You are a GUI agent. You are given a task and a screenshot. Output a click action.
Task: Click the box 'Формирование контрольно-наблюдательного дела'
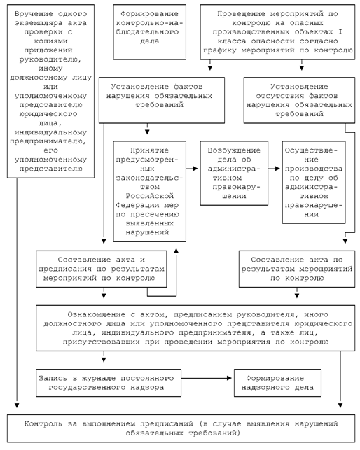149,32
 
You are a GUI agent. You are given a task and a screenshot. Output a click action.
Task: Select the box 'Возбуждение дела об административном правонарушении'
234,173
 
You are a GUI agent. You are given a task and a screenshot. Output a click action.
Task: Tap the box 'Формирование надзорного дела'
277,383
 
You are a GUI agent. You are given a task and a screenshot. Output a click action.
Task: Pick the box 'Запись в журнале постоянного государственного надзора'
109,383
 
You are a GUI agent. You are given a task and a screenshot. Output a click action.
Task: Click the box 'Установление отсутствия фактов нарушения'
299,100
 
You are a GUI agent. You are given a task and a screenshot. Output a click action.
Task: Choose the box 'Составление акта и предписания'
102,269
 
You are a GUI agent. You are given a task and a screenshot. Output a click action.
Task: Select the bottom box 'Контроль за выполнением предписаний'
181,428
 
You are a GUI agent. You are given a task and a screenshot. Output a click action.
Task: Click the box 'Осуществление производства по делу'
314,182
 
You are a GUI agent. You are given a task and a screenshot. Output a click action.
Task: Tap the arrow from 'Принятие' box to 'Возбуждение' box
192,169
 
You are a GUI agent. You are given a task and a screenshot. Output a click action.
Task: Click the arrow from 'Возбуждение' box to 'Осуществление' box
275,169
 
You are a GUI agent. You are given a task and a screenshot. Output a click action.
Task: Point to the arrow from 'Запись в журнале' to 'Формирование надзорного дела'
207,378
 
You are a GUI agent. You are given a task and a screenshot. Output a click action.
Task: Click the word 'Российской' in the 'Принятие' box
150,196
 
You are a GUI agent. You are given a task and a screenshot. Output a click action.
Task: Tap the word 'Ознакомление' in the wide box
97,314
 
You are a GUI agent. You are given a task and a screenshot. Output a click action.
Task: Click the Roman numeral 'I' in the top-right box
340,32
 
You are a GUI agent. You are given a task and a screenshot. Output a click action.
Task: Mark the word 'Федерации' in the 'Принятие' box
137,205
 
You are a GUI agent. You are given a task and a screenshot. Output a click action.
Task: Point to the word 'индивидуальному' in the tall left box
50,132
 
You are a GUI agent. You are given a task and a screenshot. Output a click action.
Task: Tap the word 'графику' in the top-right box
220,50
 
